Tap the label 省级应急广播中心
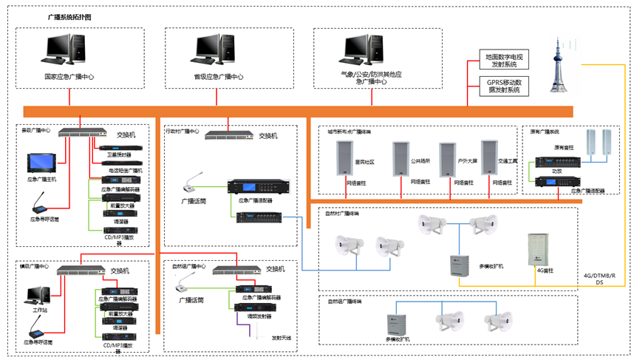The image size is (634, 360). click(x=219, y=77)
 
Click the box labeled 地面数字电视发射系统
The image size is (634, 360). click(x=504, y=60)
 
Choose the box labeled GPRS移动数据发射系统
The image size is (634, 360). click(x=504, y=86)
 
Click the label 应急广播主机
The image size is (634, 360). click(x=42, y=179)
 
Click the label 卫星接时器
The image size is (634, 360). click(x=119, y=155)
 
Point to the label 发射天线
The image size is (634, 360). click(x=281, y=338)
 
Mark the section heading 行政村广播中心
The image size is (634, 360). click(x=182, y=132)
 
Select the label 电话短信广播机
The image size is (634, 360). click(x=126, y=171)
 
